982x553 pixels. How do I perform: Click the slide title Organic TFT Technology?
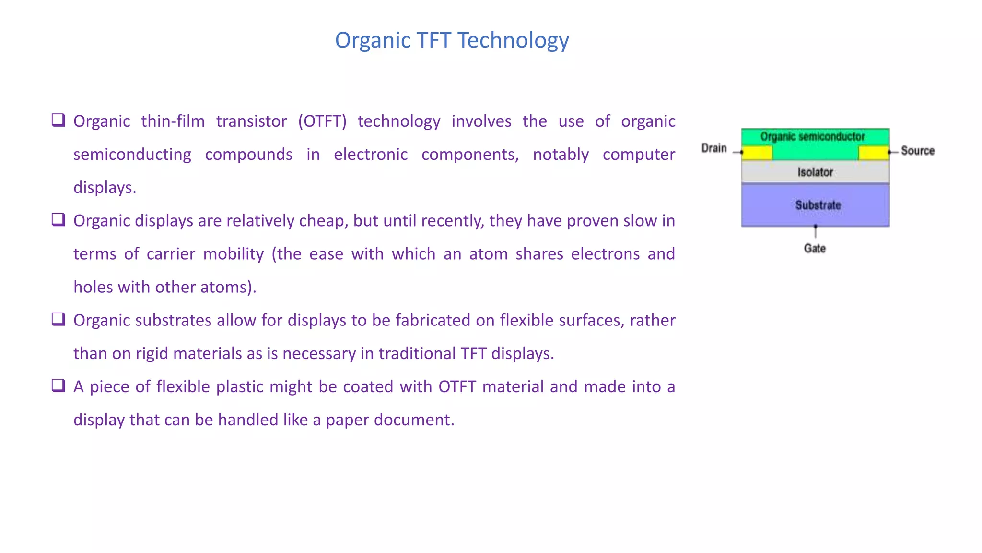(452, 40)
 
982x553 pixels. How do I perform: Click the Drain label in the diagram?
(713, 148)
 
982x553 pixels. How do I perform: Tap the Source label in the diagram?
(917, 151)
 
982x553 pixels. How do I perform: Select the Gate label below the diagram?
(815, 248)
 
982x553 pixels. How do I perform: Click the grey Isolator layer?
(815, 172)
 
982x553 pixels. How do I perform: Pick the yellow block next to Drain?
(757, 153)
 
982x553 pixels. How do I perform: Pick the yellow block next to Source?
(873, 153)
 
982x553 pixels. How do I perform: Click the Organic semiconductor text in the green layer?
(813, 137)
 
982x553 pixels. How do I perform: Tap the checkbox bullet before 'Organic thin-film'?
(58, 120)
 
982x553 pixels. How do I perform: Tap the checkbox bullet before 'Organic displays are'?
(58, 219)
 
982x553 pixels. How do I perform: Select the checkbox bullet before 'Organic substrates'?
(58, 319)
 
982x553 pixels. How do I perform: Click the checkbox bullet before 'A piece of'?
(58, 385)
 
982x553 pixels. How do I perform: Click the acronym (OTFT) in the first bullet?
(322, 121)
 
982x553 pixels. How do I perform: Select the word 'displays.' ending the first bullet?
(105, 188)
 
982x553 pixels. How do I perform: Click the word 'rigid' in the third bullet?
(152, 354)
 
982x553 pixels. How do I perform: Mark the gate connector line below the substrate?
(815, 232)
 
